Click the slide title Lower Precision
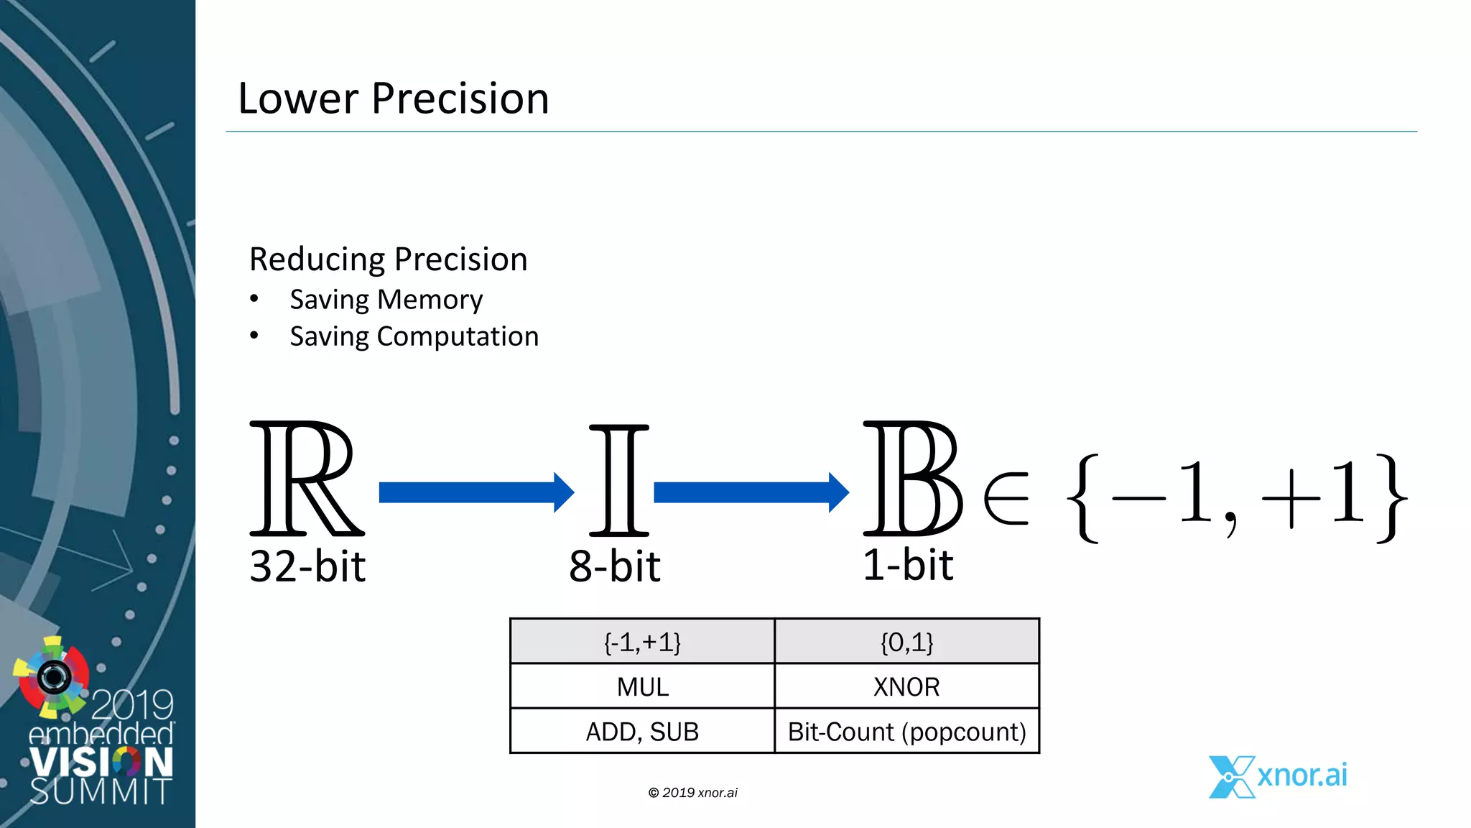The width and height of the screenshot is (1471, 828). tap(393, 98)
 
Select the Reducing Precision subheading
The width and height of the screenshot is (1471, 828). tap(388, 259)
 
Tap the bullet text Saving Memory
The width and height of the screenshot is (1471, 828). tap(386, 300)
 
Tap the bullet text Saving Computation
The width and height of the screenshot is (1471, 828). tap(414, 336)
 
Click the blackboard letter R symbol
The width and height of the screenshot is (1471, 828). tap(306, 479)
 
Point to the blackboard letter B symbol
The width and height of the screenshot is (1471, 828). tap(911, 479)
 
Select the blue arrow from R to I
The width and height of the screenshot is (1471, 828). tap(475, 492)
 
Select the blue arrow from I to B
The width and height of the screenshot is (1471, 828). tap(751, 492)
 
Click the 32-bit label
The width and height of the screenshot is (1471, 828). tap(307, 566)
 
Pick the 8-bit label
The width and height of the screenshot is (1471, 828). tap(614, 566)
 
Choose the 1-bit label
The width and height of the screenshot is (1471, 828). tap(907, 565)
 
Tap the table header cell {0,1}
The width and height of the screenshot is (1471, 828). tap(906, 642)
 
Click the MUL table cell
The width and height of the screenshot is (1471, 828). tap(642, 686)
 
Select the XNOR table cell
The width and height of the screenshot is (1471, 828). tap(906, 686)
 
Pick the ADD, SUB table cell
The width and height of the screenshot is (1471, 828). tap(642, 732)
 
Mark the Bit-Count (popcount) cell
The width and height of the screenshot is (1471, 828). tap(906, 732)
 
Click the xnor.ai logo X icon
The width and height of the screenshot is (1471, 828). tap(1230, 777)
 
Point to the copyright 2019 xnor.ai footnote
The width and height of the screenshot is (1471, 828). tap(692, 793)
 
